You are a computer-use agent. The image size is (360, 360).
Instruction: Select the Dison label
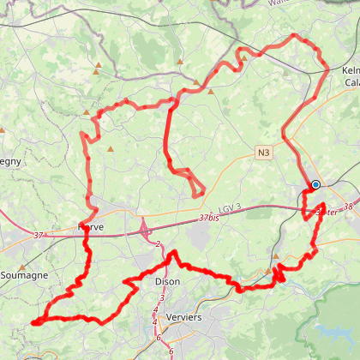167,281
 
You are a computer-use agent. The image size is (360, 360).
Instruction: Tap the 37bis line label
208,218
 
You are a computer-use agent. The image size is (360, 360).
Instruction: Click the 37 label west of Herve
38,234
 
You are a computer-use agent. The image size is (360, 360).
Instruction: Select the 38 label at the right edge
346,207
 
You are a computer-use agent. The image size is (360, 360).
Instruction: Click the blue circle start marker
315,184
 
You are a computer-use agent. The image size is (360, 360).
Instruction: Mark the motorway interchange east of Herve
144,229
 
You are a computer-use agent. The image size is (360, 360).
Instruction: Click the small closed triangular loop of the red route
197,188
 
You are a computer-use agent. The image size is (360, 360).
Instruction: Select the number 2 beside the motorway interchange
159,245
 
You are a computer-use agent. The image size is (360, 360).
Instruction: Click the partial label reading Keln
349,69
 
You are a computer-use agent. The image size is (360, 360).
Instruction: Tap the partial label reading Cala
351,82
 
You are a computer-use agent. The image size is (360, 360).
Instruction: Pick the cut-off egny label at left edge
9,160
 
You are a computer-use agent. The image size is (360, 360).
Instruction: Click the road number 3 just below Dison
161,297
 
